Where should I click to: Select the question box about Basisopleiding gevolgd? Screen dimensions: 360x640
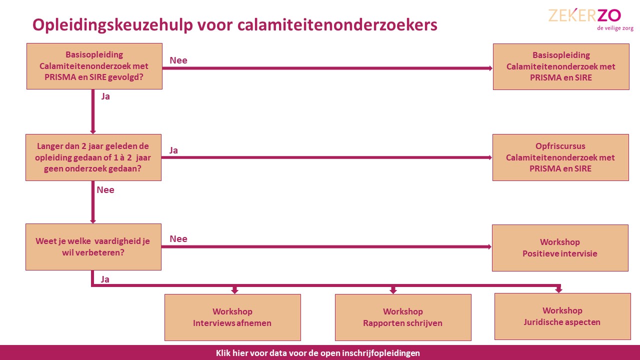94,66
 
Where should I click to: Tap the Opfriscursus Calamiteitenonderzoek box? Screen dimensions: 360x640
560,157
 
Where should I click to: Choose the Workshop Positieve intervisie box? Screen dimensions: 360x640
560,248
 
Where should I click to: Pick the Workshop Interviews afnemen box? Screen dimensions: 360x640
232,317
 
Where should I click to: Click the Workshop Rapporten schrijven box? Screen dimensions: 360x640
403,317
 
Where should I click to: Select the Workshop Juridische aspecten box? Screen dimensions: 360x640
562,316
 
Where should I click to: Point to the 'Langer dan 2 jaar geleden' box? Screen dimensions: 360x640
93,157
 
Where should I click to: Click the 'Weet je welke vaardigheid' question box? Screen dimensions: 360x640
93,247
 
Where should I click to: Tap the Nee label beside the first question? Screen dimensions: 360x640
178,60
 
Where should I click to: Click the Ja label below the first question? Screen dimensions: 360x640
105,96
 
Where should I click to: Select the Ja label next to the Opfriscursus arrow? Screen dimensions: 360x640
173,150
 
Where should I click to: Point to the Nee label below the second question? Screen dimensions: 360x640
105,190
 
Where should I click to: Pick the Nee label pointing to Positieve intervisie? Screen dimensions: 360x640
178,239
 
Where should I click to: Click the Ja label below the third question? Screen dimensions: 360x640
105,279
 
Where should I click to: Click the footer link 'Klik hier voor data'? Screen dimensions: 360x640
318,353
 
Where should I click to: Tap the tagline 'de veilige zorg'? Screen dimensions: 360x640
615,28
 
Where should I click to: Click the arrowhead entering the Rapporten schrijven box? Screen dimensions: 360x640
393,290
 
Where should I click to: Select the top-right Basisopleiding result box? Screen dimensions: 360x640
561,66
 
